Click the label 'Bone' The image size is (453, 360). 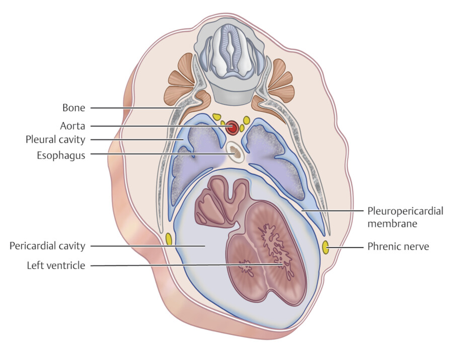[x=73, y=108]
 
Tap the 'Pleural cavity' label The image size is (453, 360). [x=55, y=139]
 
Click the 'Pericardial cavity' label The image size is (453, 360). [x=47, y=246]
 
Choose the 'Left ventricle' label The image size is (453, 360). [x=56, y=265]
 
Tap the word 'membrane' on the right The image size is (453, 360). [x=392, y=224]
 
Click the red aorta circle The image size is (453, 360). [x=232, y=127]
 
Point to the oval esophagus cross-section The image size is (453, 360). [x=235, y=151]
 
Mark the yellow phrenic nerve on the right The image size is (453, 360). [x=325, y=247]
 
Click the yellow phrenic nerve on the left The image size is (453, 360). [x=169, y=239]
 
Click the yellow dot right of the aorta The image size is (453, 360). [x=246, y=120]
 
